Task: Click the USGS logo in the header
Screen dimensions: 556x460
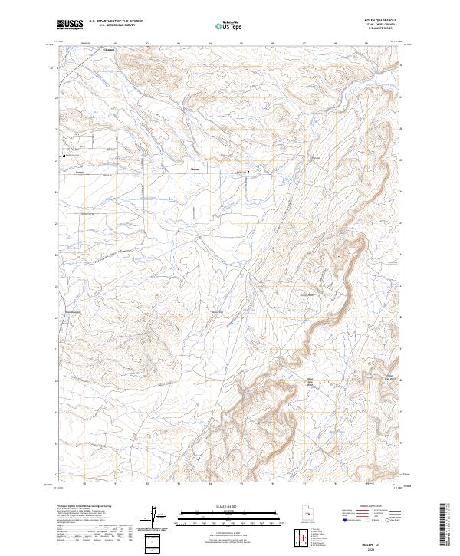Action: [x=70, y=25]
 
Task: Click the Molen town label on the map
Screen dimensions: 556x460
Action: [x=194, y=168]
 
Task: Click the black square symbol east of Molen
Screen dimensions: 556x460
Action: [x=247, y=172]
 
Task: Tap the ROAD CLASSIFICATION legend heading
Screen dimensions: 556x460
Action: [x=368, y=507]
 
